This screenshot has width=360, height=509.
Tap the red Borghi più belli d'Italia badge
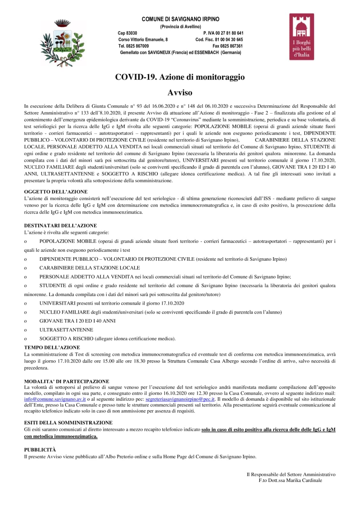pyautogui.click(x=301, y=37)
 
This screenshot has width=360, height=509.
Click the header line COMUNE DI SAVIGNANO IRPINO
pyautogui.click(x=180, y=19)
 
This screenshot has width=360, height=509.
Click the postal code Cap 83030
pyautogui.click(x=127, y=33)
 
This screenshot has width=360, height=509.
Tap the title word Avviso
pyautogui.click(x=180, y=93)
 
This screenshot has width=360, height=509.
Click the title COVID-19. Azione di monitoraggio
pyautogui.click(x=180, y=77)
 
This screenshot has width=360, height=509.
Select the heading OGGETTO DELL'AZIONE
pyautogui.click(x=56, y=192)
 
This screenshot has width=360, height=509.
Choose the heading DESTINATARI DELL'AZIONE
pyautogui.click(x=60, y=225)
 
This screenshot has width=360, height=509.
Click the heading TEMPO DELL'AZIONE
pyautogui.click(x=52, y=347)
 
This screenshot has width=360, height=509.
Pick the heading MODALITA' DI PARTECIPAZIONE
pyautogui.click(x=67, y=381)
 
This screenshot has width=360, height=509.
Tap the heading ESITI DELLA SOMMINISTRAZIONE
pyautogui.click(x=68, y=422)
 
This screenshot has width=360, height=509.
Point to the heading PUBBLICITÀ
pyautogui.click(x=40, y=449)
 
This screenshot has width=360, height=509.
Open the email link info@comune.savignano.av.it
pyautogui.click(x=55, y=399)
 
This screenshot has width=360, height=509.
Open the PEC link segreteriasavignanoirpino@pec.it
pyautogui.click(x=180, y=399)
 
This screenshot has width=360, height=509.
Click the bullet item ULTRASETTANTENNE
pyautogui.click(x=66, y=330)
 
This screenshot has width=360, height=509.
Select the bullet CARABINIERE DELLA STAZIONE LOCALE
pyautogui.click(x=89, y=268)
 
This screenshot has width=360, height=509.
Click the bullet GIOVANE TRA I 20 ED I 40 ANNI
pyautogui.click(x=77, y=321)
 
